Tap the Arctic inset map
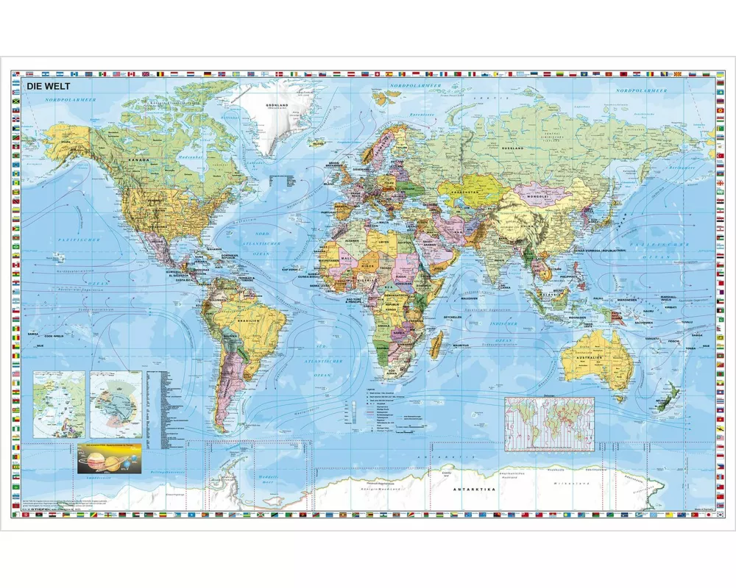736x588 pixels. [x=59, y=405]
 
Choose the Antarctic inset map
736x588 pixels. [x=116, y=405]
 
